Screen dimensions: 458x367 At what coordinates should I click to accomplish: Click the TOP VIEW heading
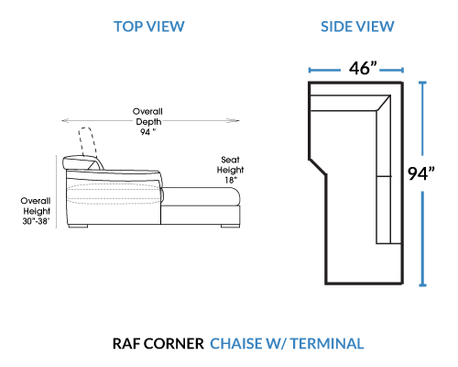coord(149,27)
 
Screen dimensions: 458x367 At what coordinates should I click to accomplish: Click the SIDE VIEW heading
coord(357,27)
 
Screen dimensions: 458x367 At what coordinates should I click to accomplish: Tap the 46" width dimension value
coord(363,68)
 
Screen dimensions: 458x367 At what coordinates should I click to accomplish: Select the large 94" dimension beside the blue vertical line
coord(421,173)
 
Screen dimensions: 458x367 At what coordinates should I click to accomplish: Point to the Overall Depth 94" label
coord(147,121)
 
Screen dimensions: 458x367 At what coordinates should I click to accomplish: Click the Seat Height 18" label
coord(230,170)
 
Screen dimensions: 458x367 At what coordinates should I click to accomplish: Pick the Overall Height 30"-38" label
coord(36,211)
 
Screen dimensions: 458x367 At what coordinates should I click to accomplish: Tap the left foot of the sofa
coord(78,227)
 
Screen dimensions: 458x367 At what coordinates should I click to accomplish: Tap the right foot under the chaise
coord(230,227)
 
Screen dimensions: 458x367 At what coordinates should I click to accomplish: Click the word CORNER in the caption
coord(174,343)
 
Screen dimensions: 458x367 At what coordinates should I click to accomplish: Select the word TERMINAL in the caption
coord(327,343)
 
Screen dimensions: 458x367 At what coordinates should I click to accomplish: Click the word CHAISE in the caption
coord(236,343)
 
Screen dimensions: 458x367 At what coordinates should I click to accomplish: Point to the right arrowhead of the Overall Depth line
coord(234,121)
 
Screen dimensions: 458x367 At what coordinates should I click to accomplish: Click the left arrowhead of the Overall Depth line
coord(68,121)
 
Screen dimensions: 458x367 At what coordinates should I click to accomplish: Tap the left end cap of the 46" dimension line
coord(310,71)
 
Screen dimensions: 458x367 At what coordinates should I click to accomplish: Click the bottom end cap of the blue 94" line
coord(422,285)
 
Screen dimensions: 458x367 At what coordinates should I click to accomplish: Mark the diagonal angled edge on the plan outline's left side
coord(318,167)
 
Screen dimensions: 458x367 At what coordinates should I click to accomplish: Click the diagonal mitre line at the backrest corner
coord(384,103)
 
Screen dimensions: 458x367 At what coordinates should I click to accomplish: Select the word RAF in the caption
coord(126,343)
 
